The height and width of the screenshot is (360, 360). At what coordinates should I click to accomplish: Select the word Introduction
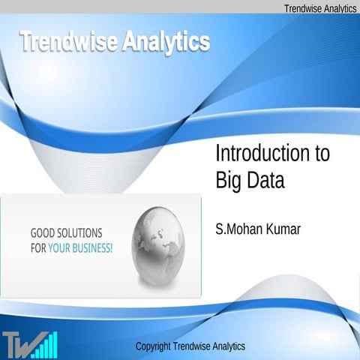pyautogui.click(x=262, y=154)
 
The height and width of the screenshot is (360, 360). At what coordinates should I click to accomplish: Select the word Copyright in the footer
pyautogui.click(x=155, y=346)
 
